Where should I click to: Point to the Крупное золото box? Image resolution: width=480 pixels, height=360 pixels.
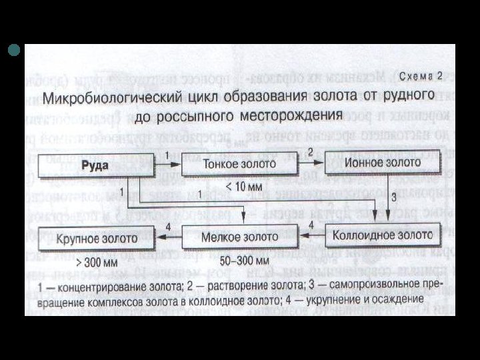click(97, 237)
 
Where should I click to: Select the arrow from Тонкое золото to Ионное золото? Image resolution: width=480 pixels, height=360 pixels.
click(311, 163)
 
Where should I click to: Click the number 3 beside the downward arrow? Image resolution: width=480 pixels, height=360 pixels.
click(393, 197)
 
